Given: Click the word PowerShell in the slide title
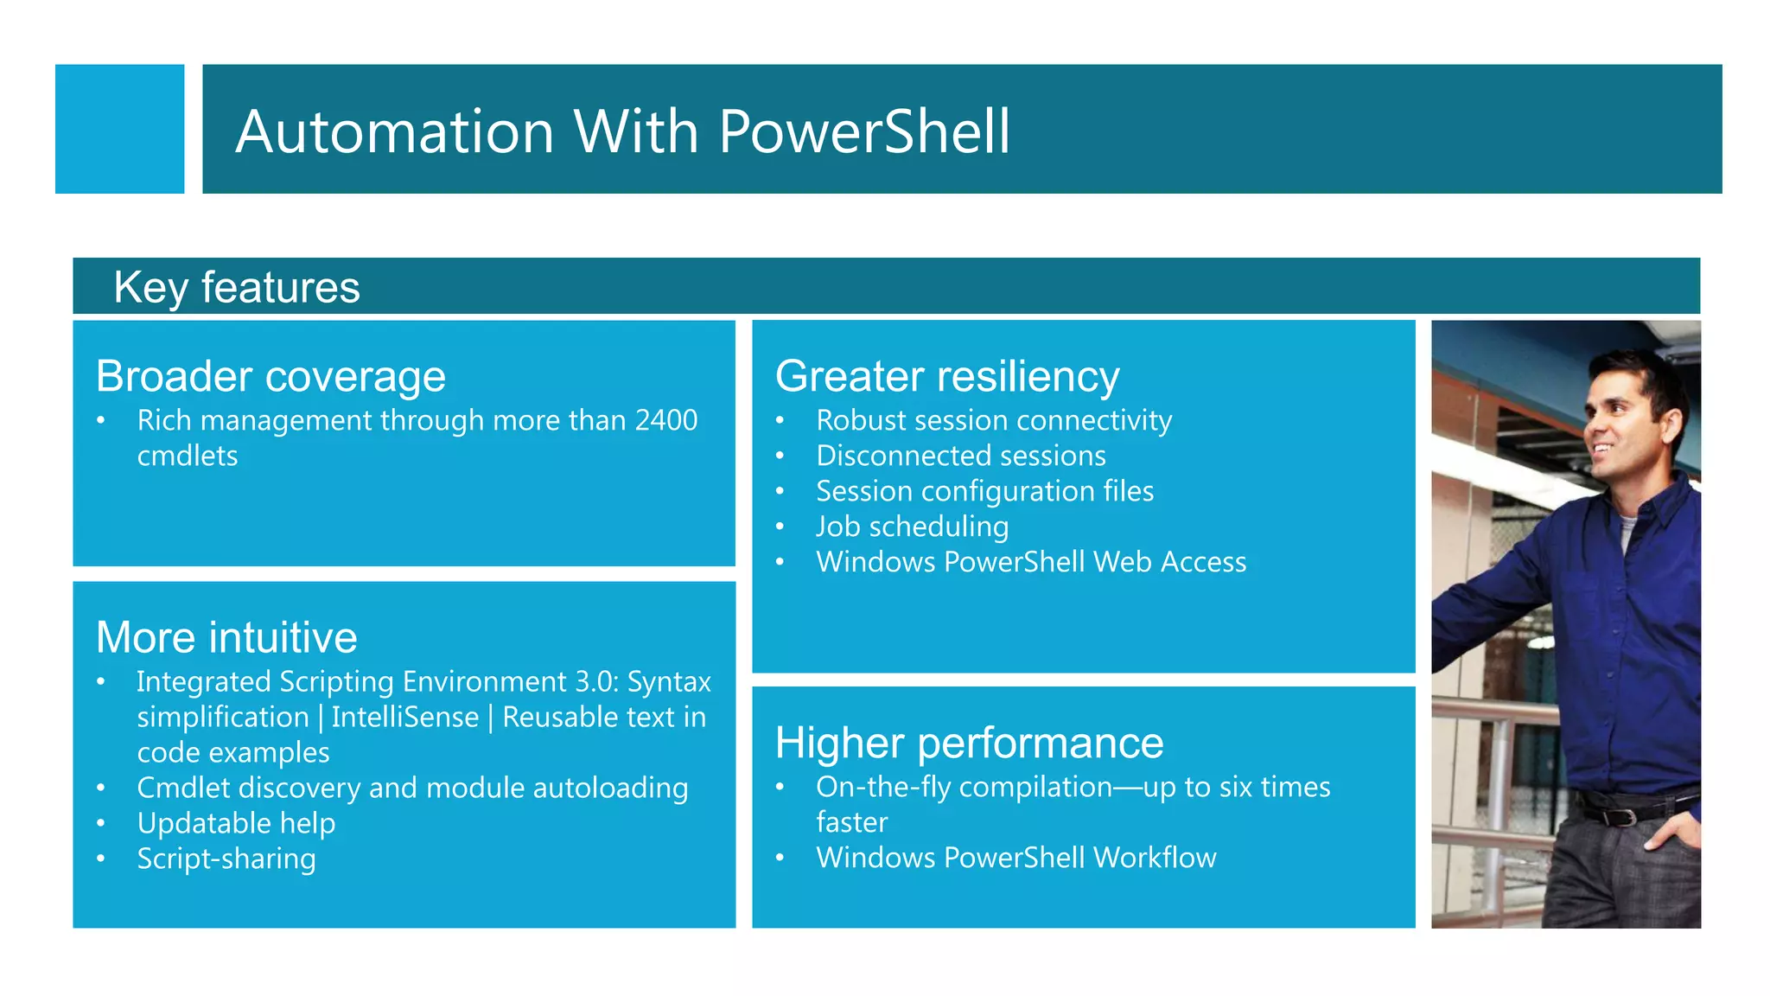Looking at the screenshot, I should [864, 131].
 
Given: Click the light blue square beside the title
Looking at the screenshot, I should [119, 129].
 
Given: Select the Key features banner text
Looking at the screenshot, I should [237, 287].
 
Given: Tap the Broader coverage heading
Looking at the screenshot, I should [271, 376].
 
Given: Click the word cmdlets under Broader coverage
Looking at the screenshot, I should [188, 456].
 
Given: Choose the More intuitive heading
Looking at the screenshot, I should [226, 637].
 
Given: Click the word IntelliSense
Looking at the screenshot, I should [404, 718].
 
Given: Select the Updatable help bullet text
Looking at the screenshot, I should [236, 823].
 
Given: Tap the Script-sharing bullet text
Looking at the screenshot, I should [226, 859].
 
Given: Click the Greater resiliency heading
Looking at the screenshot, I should [947, 376].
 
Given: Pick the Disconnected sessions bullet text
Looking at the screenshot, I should [961, 456].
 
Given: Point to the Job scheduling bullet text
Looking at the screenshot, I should [913, 527].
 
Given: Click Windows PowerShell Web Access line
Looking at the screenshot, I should [1031, 562].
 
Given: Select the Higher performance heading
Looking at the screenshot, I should [969, 743].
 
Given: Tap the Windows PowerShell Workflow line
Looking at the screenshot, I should [1016, 858].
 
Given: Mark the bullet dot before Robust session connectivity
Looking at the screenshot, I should [780, 421].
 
